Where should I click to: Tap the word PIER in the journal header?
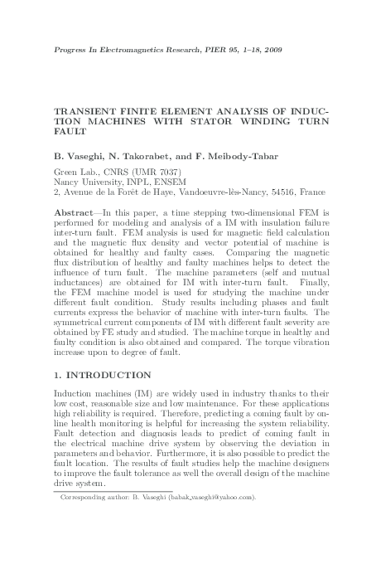pyautogui.click(x=209, y=50)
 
